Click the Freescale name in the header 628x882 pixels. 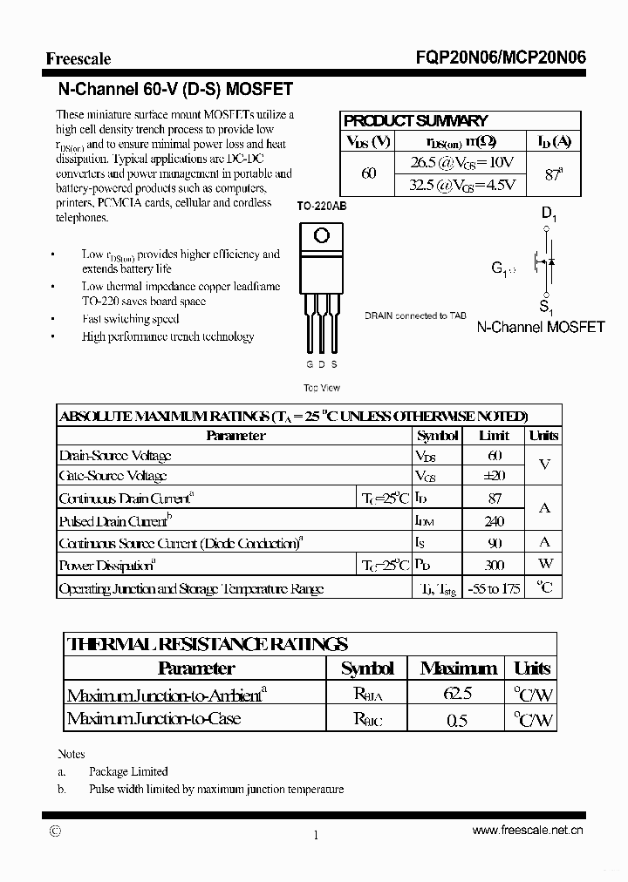click(78, 59)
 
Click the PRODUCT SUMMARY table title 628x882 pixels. click(415, 121)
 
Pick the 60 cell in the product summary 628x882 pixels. click(368, 173)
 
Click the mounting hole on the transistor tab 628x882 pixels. click(321, 235)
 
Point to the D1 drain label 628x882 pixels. click(549, 213)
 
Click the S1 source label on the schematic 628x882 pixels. click(546, 307)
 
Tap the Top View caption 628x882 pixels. click(321, 388)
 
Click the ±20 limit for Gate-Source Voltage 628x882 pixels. click(494, 476)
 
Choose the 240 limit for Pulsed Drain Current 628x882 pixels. click(494, 521)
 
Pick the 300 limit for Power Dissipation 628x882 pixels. click(494, 565)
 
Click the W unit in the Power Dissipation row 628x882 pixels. click(545, 565)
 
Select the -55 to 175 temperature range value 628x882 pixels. click(494, 589)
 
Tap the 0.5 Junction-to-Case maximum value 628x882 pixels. click(457, 720)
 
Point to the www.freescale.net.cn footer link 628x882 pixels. click(528, 831)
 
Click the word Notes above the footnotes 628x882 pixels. click(71, 754)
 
